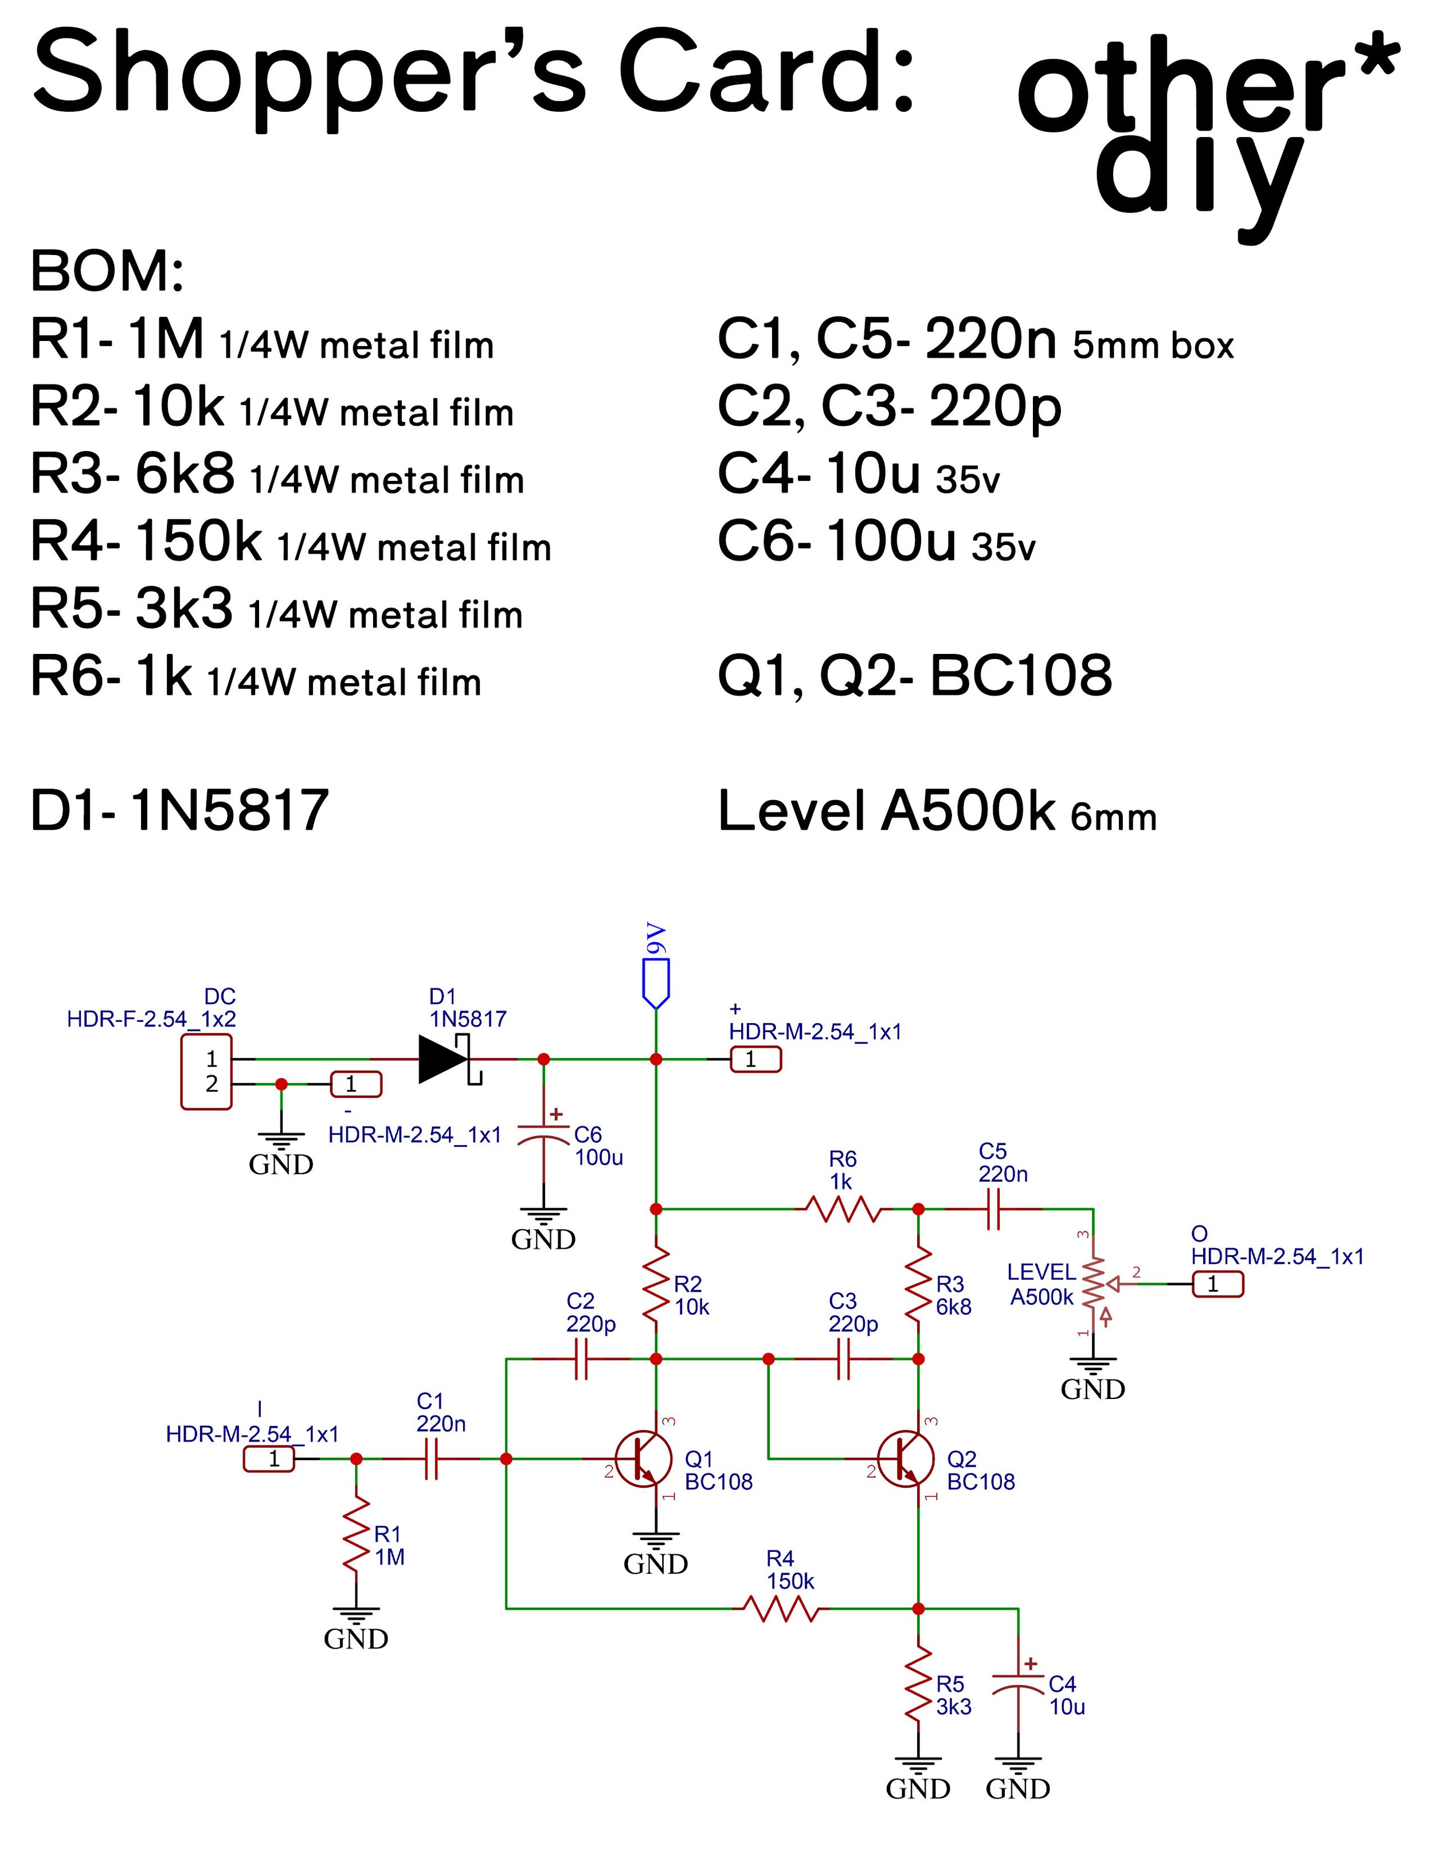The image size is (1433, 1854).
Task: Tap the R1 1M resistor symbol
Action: pos(357,1534)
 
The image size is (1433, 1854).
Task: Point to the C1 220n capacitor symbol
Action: pos(431,1459)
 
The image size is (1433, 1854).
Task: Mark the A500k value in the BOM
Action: pos(968,811)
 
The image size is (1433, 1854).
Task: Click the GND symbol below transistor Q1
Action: pos(655,1552)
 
